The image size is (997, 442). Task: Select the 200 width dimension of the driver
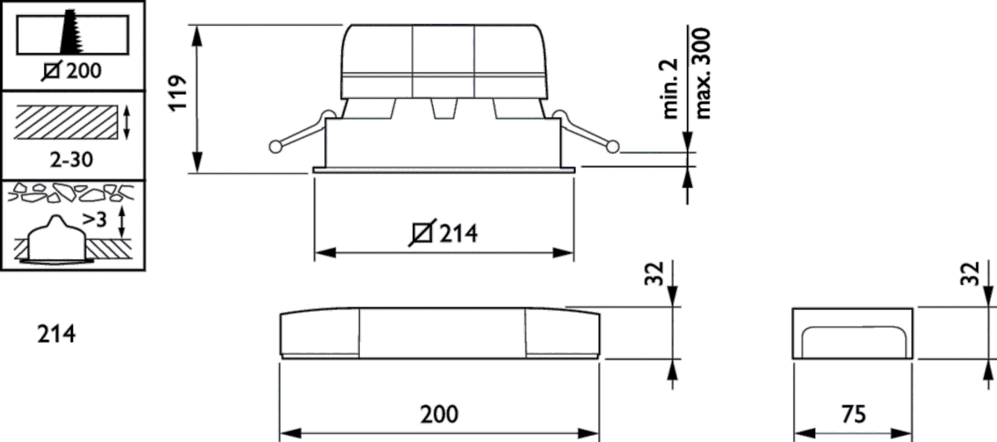[439, 413]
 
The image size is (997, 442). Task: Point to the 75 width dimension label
[853, 413]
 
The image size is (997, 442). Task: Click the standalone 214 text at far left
[56, 334]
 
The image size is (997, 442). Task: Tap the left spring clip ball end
[276, 147]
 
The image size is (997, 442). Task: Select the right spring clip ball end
[613, 147]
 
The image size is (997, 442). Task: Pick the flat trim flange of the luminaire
[444, 170]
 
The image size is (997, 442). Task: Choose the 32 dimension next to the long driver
[655, 274]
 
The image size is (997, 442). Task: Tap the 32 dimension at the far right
[970, 274]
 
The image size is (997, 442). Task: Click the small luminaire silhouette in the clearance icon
[55, 241]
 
